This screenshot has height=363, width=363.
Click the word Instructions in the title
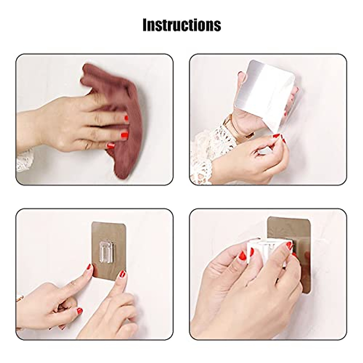tap(181, 25)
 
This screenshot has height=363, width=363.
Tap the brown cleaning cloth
tap(121, 100)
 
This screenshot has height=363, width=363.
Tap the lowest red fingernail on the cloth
tap(111, 146)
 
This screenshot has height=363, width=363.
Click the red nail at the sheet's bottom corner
tap(276, 137)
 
